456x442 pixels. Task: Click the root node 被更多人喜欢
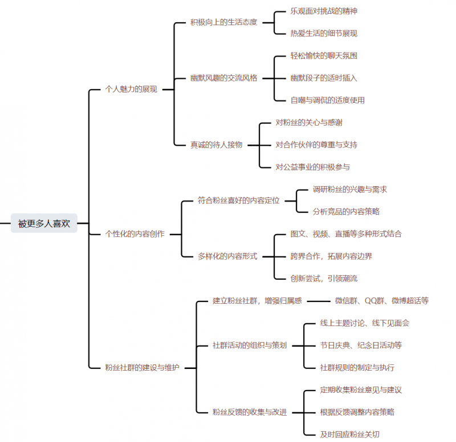point(44,223)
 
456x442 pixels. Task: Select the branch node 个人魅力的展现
point(131,89)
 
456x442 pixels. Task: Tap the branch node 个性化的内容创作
point(135,234)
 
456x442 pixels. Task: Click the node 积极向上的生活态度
point(223,22)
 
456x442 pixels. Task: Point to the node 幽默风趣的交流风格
point(223,78)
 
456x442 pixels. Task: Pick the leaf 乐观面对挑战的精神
point(324,11)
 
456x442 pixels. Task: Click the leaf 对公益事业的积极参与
point(312,167)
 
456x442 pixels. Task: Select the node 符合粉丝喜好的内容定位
point(239,200)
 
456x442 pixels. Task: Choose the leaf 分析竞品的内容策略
point(346,211)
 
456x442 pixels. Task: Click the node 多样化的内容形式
point(227,256)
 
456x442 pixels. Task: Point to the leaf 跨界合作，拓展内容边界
point(331,256)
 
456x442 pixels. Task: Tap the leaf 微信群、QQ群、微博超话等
point(381,300)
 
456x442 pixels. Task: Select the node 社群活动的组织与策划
point(250,345)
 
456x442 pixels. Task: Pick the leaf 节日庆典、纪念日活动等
point(361,345)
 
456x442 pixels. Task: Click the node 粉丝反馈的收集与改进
point(250,412)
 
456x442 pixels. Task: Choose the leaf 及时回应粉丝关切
point(349,434)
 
